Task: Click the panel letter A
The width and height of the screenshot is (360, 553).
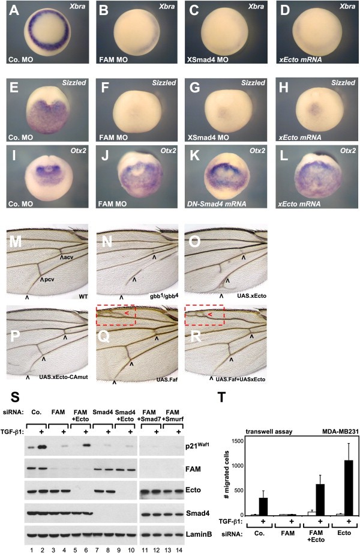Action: coord(14,10)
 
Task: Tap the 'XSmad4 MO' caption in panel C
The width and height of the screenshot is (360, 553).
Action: coord(208,59)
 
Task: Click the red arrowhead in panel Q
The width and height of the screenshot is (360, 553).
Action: coord(126,312)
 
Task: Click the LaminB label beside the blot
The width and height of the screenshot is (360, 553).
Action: coord(199,534)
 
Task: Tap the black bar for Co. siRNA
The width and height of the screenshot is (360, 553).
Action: coord(263,506)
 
